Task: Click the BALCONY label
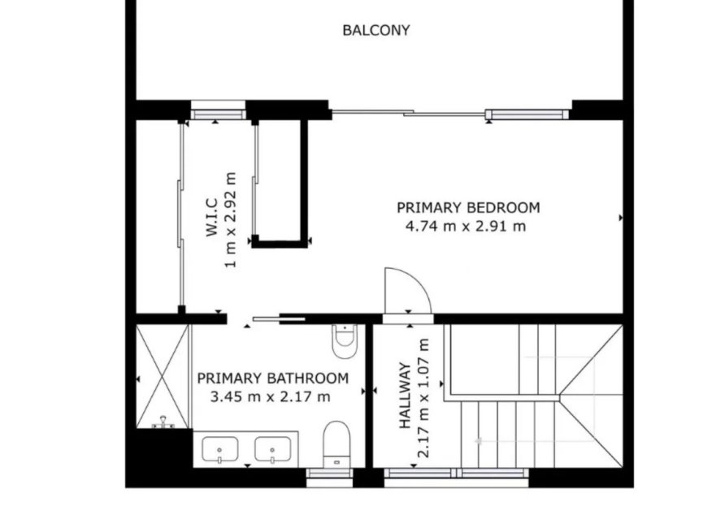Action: pos(375,31)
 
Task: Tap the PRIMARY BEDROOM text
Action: pos(467,207)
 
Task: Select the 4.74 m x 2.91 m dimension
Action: pos(465,227)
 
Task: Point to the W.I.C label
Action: pos(210,219)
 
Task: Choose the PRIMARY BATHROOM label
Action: pos(272,378)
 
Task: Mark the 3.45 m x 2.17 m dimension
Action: pos(270,397)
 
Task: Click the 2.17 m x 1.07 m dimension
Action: pos(423,398)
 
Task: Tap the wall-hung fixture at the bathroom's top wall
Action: pos(345,340)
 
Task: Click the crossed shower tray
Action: pos(163,374)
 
